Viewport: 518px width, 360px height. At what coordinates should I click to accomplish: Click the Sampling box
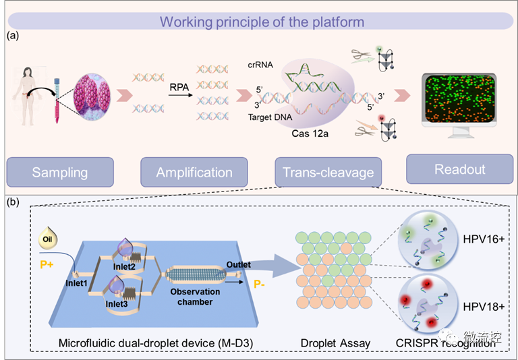coord(60,172)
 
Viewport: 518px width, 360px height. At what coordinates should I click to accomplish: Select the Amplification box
coord(194,172)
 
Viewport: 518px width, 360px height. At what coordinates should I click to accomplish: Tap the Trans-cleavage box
coord(328,172)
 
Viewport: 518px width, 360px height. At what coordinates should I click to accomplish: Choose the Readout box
coord(460,169)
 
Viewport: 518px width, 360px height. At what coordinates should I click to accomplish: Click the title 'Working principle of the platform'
coord(262,22)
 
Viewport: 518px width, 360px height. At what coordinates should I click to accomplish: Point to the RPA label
coord(179,88)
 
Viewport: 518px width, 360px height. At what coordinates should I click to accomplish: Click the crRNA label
coord(260,65)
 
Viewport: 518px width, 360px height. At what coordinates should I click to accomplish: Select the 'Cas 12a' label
coord(310,133)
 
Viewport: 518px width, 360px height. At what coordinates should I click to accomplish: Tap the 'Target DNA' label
coord(270,117)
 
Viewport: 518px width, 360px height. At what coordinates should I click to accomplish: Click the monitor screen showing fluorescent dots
coord(459,98)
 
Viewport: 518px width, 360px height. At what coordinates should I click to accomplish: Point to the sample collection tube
coord(57,100)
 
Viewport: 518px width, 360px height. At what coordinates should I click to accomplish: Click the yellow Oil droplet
coord(48,238)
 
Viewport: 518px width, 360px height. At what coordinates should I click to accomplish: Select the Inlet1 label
coord(76,283)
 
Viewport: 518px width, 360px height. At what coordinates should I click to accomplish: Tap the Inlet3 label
coord(117,303)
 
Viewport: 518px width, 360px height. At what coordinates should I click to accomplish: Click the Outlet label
coord(239,264)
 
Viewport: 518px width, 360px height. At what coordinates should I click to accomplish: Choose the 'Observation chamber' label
coord(195,297)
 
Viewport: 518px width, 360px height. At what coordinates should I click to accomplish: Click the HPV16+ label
coord(484,239)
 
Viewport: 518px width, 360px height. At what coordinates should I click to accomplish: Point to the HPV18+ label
coord(484,307)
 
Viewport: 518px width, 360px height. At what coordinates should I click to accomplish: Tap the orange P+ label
coord(47,264)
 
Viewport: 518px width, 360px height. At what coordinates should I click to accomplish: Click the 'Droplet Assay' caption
coord(335,344)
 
